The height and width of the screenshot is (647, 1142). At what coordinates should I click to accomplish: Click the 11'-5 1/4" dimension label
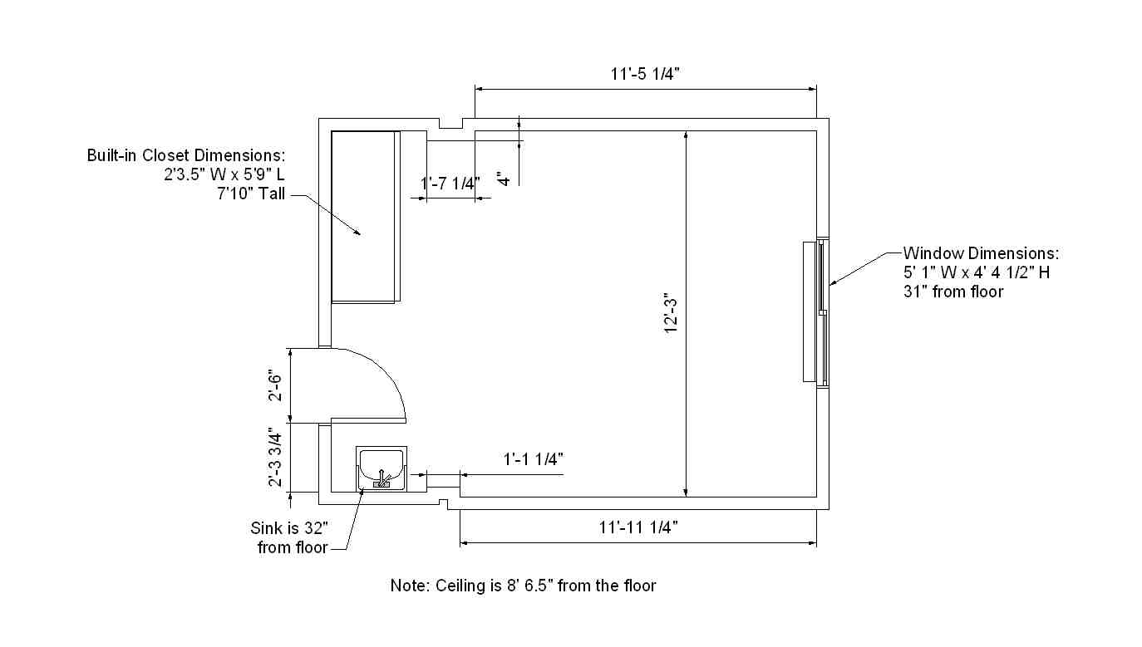645,74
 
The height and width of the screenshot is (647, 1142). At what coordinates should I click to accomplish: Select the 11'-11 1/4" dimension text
637,527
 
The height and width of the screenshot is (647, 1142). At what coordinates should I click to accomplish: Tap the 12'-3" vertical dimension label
672,313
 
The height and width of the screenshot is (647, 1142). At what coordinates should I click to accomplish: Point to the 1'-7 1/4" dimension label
450,183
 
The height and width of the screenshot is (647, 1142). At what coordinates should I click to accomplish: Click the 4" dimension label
503,179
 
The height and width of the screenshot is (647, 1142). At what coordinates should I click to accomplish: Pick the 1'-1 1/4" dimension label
534,459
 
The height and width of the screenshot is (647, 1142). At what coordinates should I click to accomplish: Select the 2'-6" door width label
275,385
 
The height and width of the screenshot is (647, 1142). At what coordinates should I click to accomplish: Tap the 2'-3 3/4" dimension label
275,458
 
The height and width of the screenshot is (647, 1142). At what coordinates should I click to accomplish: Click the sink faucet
381,479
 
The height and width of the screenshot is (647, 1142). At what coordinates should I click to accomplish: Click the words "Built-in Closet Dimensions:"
186,155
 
